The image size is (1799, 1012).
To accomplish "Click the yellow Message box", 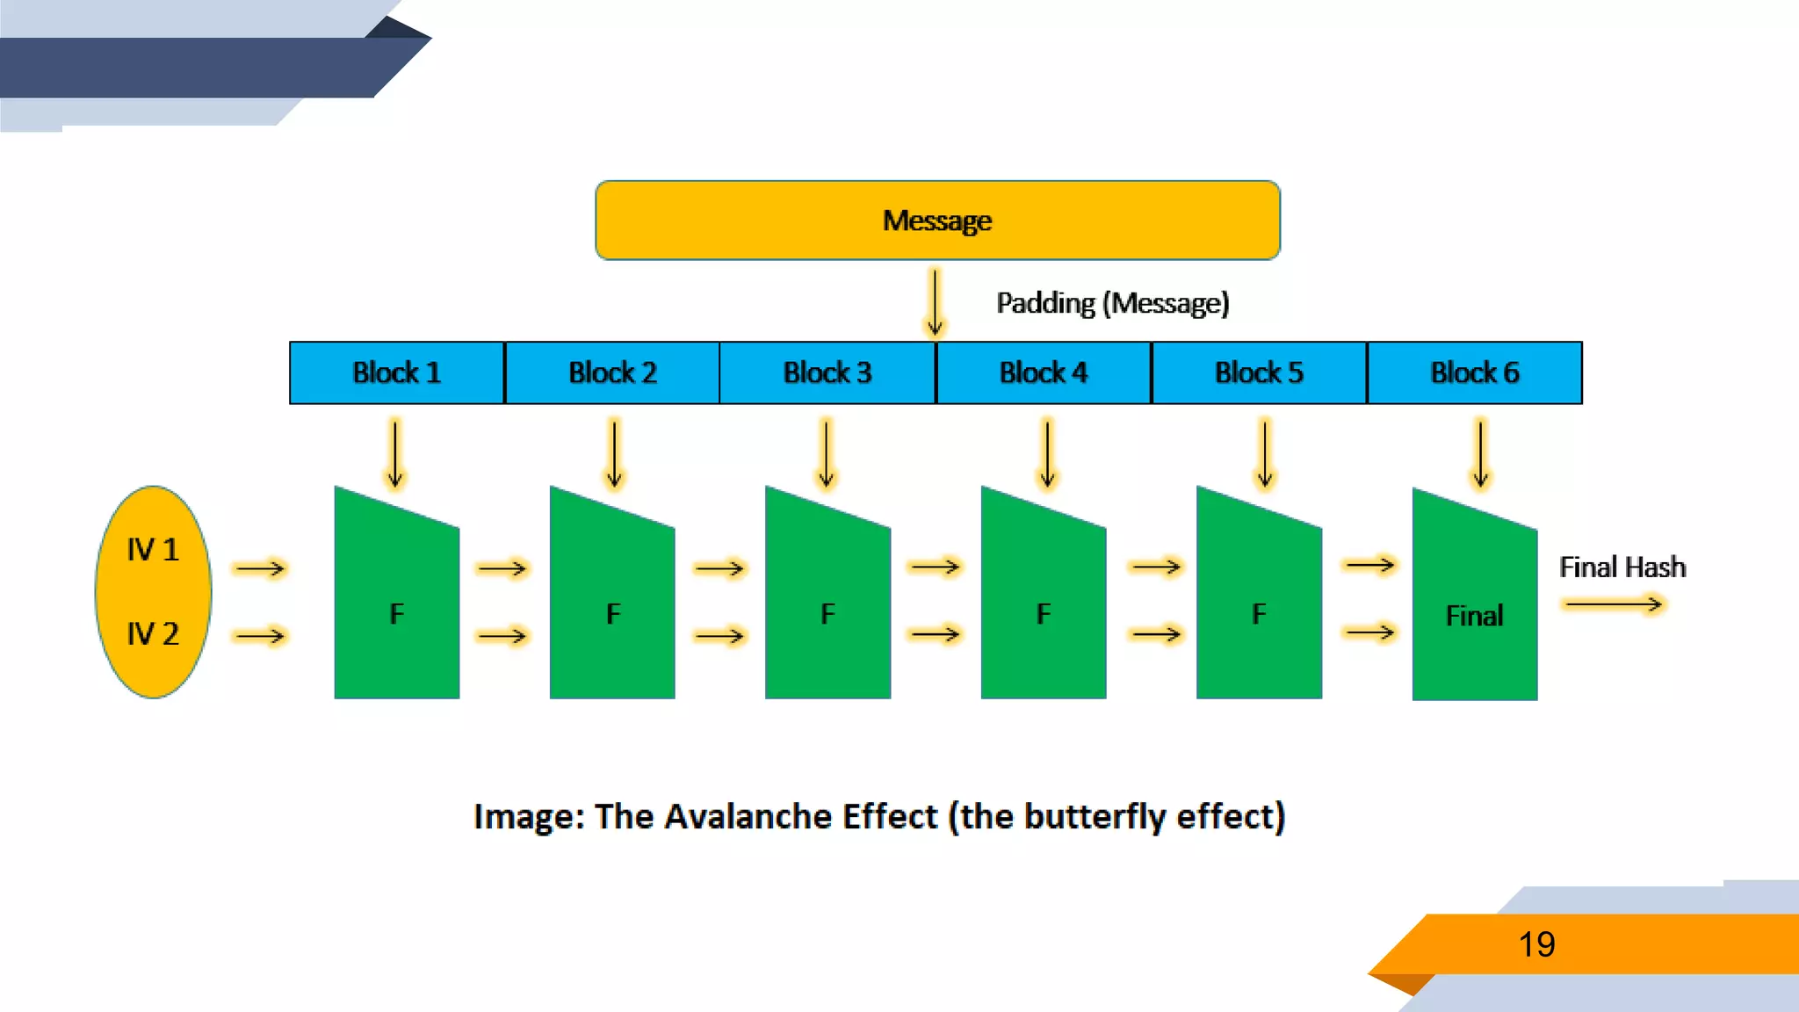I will tap(937, 220).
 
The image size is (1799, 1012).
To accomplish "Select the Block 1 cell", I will tap(396, 372).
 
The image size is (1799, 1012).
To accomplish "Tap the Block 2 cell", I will tap(612, 372).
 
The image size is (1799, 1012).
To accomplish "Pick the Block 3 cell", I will tap(827, 372).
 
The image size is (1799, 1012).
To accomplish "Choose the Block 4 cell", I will tap(1044, 372).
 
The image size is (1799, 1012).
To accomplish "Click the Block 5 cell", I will tap(1259, 372).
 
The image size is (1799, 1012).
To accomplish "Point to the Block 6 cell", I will tap(1475, 372).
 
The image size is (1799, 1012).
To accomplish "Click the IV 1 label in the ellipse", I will tap(153, 550).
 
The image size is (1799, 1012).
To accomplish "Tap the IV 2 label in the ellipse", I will tap(153, 633).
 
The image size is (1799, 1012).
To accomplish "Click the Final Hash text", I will tap(1622, 567).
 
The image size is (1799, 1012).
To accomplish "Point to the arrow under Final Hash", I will tap(1613, 604).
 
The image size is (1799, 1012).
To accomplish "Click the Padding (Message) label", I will tap(1112, 303).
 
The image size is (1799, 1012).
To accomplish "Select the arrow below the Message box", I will tap(936, 303).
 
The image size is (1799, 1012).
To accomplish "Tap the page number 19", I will tap(1536, 944).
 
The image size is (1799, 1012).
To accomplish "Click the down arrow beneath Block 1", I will tap(395, 453).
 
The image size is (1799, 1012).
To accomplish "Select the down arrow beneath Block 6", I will tap(1480, 453).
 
